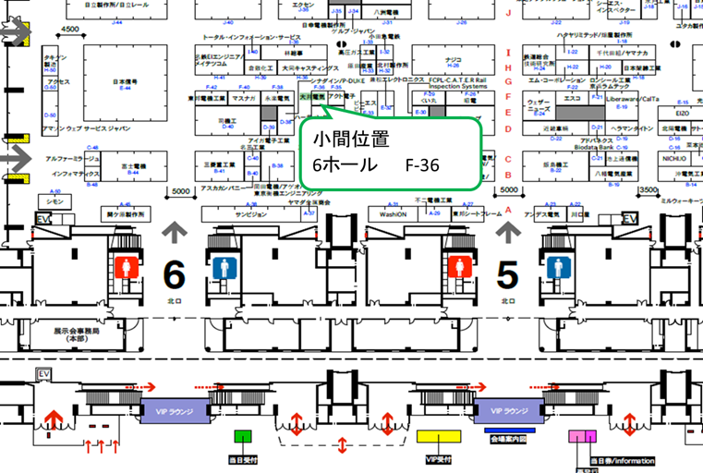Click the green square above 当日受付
243,436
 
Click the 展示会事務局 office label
76,334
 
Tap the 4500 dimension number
70,30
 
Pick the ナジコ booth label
453,57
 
